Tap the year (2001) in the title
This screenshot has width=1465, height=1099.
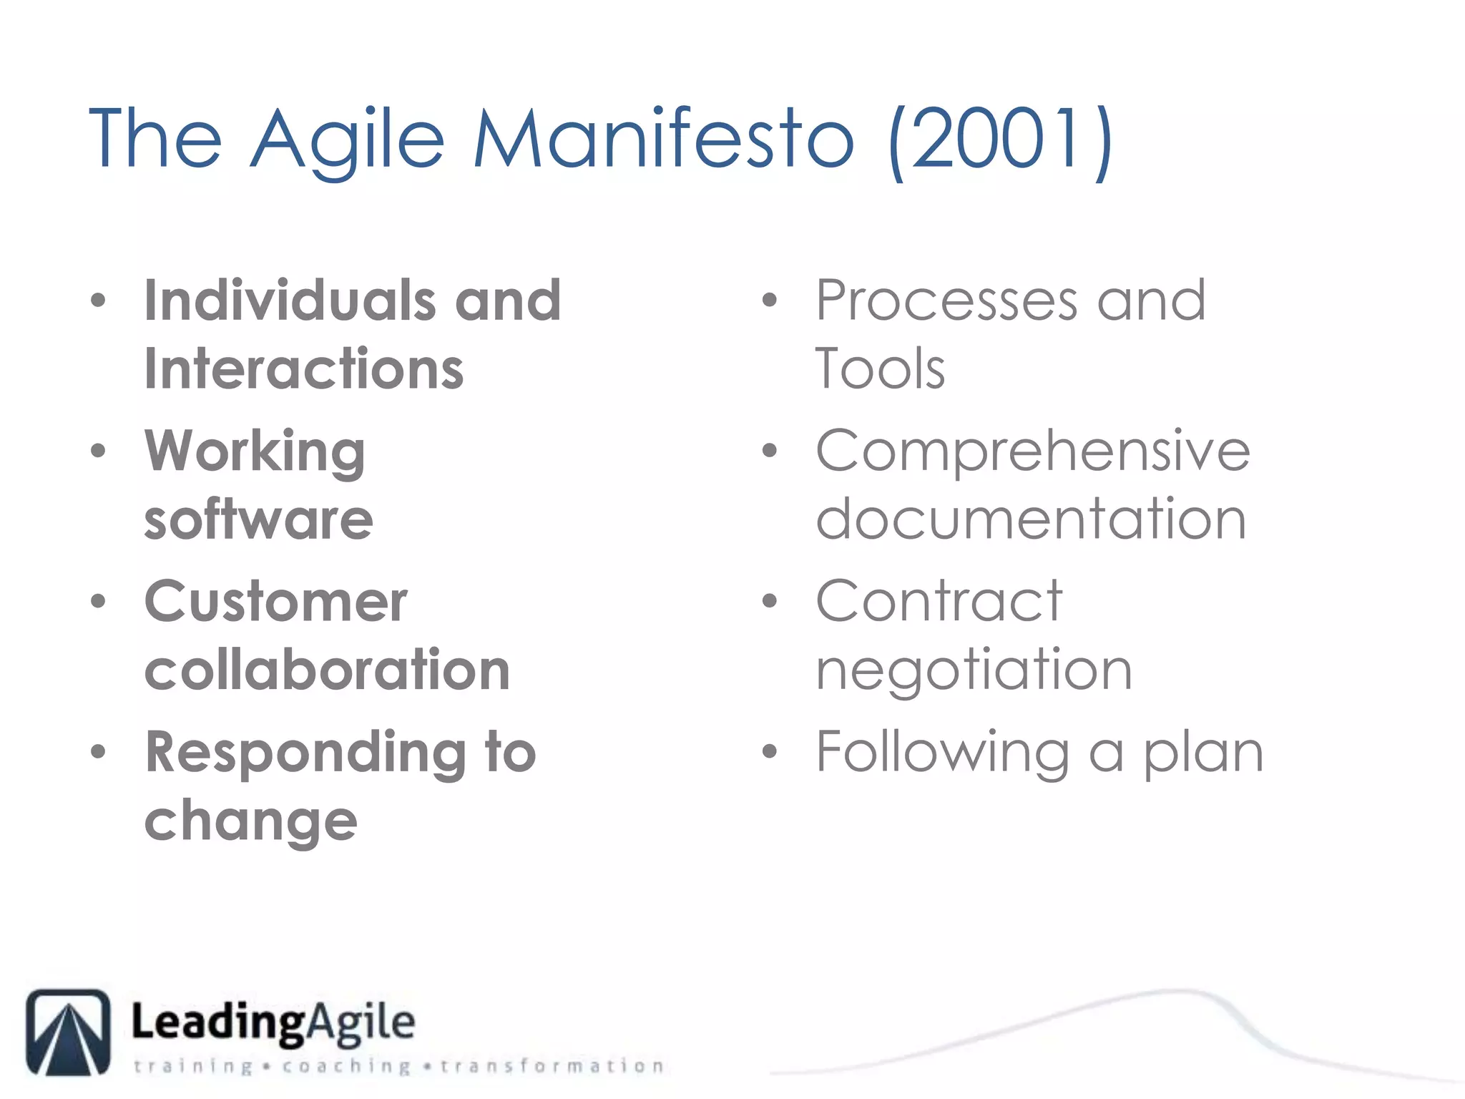pyautogui.click(x=1000, y=140)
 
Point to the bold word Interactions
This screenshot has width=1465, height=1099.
pyautogui.click(x=304, y=369)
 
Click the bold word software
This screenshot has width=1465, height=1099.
pyautogui.click(x=258, y=519)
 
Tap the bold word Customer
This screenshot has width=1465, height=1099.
pyautogui.click(x=276, y=602)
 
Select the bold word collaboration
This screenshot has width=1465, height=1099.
pyautogui.click(x=327, y=670)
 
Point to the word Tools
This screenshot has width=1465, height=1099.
pyautogui.click(x=880, y=369)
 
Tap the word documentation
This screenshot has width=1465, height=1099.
pyautogui.click(x=1031, y=519)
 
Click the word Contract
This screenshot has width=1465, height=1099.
pyautogui.click(x=939, y=602)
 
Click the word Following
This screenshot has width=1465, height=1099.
pyautogui.click(x=943, y=753)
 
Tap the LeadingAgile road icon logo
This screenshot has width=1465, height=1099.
pyautogui.click(x=69, y=1032)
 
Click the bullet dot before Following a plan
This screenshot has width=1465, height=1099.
pyautogui.click(x=769, y=751)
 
